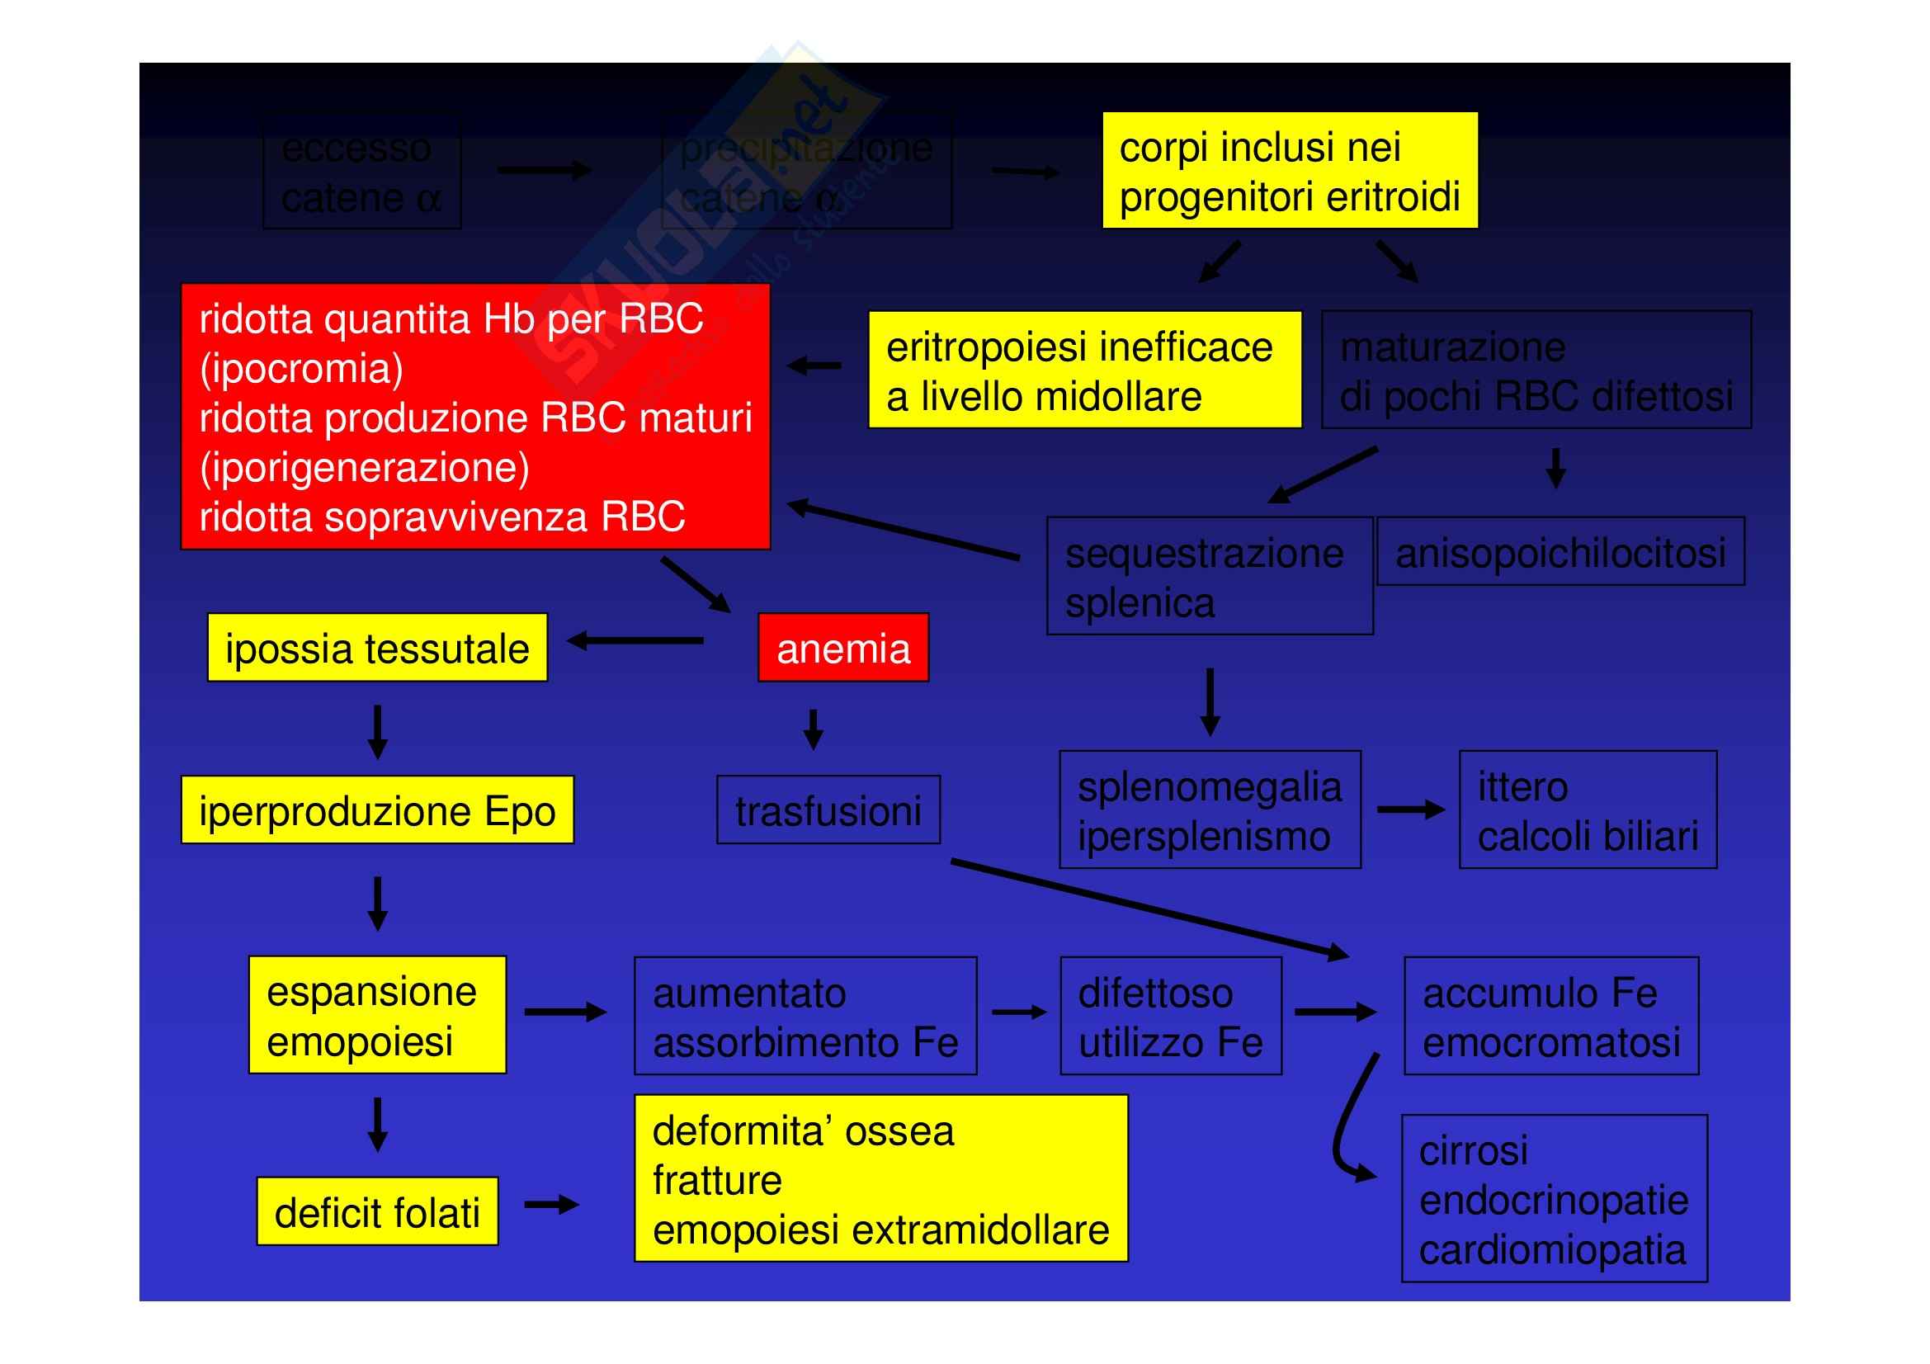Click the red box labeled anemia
pos(842,648)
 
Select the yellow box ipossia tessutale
pos(376,648)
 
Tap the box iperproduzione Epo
pos(376,810)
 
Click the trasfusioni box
pos(828,810)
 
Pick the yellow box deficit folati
pos(376,1212)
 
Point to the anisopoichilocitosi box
pos(1560,552)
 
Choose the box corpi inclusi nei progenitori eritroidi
pos(1290,171)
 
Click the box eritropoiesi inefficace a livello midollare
pos(1084,370)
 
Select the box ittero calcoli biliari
pos(1588,810)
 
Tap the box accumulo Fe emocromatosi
pos(1551,1016)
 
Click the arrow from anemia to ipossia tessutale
pos(636,641)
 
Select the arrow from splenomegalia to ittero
pos(1410,810)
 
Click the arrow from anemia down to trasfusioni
pos(813,729)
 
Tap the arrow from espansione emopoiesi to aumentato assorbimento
pos(565,1012)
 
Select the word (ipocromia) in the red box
pos(301,368)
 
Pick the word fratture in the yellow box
pos(717,1180)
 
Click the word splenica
pos(1140,602)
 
